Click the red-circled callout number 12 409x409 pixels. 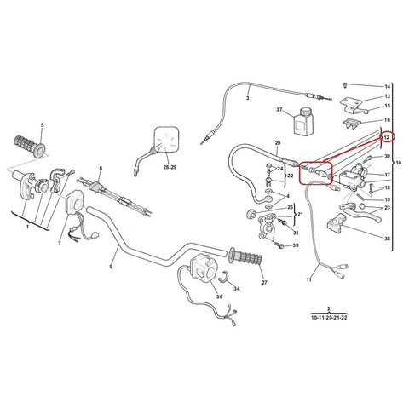coord(387,137)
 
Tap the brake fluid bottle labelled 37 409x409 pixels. coord(303,120)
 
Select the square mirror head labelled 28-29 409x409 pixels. coord(166,139)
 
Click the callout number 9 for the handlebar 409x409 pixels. coord(111,267)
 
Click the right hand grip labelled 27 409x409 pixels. coord(245,256)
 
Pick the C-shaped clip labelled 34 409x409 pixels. coord(224,277)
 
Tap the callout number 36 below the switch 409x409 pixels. coord(219,297)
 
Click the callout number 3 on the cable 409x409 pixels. coord(248,98)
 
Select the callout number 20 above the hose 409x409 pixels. coord(278,142)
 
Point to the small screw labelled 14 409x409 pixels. coord(345,84)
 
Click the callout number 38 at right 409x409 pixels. coord(388,239)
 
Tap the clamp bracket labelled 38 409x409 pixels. coord(337,224)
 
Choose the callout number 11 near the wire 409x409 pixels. coord(308,280)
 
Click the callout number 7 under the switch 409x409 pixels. coord(60,244)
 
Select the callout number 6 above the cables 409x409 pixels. coord(101,168)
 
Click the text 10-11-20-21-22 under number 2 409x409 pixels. coord(329,318)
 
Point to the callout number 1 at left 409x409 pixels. coord(27,227)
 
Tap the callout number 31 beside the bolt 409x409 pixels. coord(296,233)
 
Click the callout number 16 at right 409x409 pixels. coord(388,120)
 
